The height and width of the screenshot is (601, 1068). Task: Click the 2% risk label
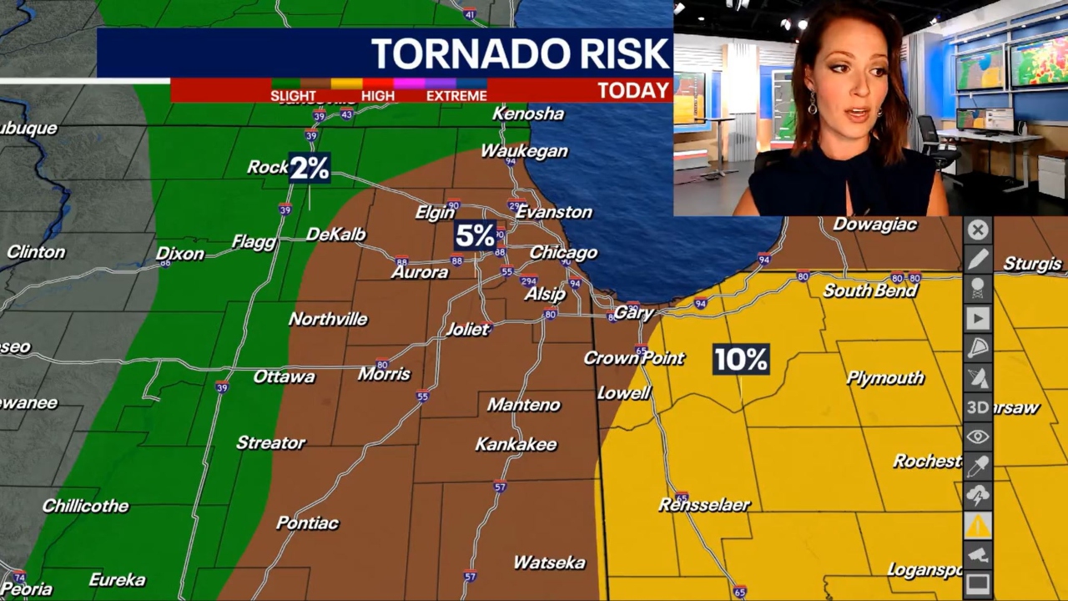tap(310, 169)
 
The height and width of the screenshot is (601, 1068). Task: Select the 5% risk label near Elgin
tap(475, 236)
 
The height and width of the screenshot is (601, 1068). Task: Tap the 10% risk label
tap(741, 360)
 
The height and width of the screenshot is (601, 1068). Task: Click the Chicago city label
tap(563, 252)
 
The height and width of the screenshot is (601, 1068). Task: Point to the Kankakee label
tap(516, 444)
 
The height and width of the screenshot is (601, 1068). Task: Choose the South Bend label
tap(870, 290)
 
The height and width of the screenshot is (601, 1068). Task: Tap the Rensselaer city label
tap(704, 504)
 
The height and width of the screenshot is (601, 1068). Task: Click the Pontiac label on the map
tap(307, 523)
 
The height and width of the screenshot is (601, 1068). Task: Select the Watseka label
tap(549, 563)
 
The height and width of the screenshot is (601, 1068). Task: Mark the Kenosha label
tap(528, 114)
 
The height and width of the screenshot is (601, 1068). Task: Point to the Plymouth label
tap(885, 378)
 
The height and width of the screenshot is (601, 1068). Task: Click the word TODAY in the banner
tap(633, 91)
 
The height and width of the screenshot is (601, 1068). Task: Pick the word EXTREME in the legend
tap(456, 96)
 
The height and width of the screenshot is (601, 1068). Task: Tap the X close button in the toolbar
tap(978, 230)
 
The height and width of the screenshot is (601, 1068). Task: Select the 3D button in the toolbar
tap(978, 407)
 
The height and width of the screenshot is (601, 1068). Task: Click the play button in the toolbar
tap(978, 318)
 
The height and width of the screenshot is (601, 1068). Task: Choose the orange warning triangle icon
tap(978, 526)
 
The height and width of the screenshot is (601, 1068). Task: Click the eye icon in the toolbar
tap(978, 437)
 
